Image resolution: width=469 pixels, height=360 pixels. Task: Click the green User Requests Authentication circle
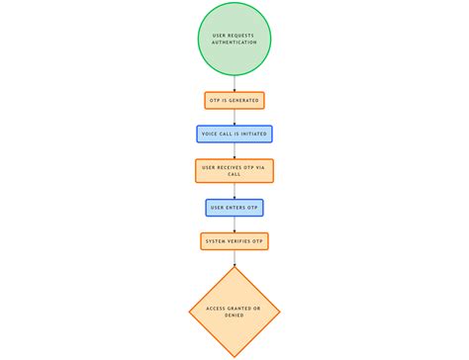pyautogui.click(x=234, y=39)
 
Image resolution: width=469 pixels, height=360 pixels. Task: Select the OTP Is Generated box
pyautogui.click(x=234, y=100)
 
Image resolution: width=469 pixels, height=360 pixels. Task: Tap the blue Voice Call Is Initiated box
pyautogui.click(x=234, y=134)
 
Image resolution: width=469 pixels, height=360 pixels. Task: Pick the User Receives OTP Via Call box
pyautogui.click(x=234, y=170)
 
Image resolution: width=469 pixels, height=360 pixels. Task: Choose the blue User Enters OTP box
pyautogui.click(x=234, y=208)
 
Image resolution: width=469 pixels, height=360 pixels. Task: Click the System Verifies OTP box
pyautogui.click(x=234, y=241)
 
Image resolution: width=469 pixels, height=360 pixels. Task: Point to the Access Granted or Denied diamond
pyautogui.click(x=234, y=312)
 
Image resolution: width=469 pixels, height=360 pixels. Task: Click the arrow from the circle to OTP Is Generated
pyautogui.click(x=234, y=84)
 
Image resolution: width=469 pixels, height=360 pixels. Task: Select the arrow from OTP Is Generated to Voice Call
pyautogui.click(x=234, y=117)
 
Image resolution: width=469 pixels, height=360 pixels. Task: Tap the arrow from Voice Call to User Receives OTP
pyautogui.click(x=234, y=150)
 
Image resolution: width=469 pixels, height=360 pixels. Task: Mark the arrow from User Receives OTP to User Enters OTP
pyautogui.click(x=234, y=191)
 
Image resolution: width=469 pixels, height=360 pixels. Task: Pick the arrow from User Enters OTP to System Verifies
pyautogui.click(x=234, y=225)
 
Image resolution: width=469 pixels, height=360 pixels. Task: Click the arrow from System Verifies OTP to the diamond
pyautogui.click(x=234, y=257)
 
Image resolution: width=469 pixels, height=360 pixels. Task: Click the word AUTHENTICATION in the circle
pyautogui.click(x=234, y=43)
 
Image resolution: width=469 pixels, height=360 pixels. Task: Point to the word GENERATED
pyautogui.click(x=247, y=100)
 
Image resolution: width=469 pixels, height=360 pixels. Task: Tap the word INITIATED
pyautogui.click(x=252, y=134)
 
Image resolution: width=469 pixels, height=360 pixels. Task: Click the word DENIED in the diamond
pyautogui.click(x=234, y=315)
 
